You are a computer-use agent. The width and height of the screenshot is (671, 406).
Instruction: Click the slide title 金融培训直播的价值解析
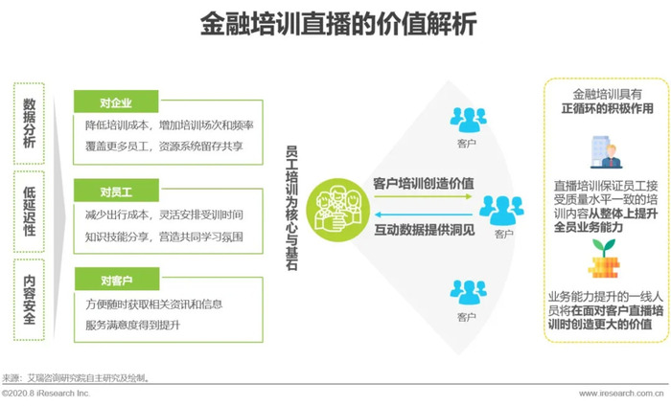point(338,24)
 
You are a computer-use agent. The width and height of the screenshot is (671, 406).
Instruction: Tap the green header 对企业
point(116,101)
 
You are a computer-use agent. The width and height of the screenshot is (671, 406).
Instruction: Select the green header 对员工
point(116,191)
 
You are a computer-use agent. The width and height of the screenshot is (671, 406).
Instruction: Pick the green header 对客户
point(117,280)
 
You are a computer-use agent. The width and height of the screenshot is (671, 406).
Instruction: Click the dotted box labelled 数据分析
point(29,124)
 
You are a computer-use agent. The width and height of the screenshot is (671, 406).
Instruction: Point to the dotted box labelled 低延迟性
point(29,212)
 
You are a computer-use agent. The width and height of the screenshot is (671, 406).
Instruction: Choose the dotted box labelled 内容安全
point(29,300)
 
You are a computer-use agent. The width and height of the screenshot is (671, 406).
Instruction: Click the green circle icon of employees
point(337,210)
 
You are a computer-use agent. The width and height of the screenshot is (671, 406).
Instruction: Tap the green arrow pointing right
point(423,196)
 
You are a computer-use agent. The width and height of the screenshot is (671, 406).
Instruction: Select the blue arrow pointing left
point(423,214)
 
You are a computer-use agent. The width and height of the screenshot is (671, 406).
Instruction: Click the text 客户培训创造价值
point(424,183)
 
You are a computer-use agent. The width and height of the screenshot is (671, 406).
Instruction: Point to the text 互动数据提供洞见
point(425,230)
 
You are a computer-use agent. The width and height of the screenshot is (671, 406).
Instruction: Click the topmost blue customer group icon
point(468,120)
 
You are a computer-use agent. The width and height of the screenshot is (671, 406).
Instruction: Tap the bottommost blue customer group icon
point(468,292)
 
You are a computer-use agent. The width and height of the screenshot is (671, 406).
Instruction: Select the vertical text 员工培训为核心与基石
point(291,208)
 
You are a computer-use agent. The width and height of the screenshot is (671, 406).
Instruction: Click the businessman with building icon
point(606,152)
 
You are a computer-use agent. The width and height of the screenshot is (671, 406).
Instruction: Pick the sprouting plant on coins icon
point(603,259)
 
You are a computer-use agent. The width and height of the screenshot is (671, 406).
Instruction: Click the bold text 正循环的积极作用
point(607,108)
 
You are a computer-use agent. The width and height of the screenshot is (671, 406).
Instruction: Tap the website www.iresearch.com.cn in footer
point(621,394)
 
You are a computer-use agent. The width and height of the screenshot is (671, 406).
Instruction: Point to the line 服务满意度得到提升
point(132,326)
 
